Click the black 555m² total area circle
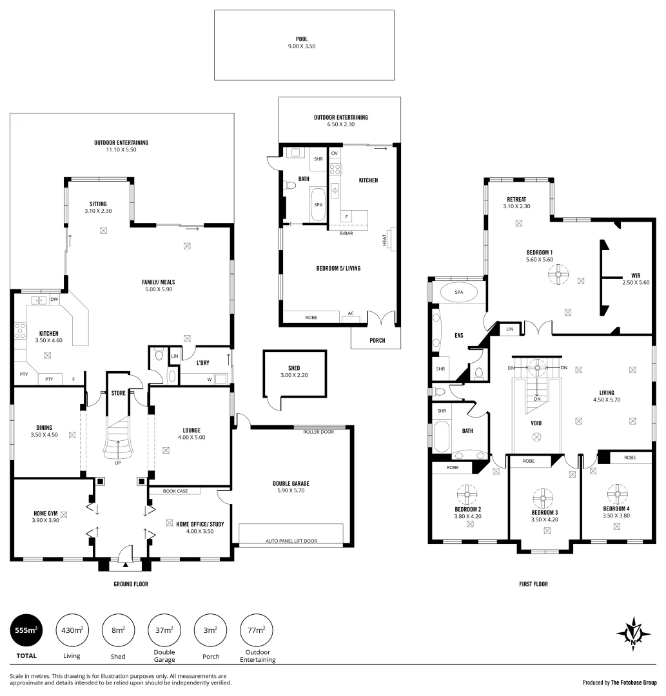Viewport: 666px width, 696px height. pos(26,630)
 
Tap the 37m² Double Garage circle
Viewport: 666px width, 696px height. pos(164,630)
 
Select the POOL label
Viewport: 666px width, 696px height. pos(302,38)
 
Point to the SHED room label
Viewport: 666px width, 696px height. pos(294,368)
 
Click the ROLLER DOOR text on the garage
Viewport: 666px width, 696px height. pos(318,432)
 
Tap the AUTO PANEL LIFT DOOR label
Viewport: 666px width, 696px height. pos(291,541)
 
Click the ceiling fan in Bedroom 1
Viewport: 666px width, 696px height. pos(558,275)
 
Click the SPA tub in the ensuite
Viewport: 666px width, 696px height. pos(458,293)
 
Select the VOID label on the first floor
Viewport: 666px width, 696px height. pos(536,423)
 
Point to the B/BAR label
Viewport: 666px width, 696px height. pos(346,233)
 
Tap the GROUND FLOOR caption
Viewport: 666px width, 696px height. pos(130,585)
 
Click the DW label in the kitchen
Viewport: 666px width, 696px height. pos(55,299)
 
